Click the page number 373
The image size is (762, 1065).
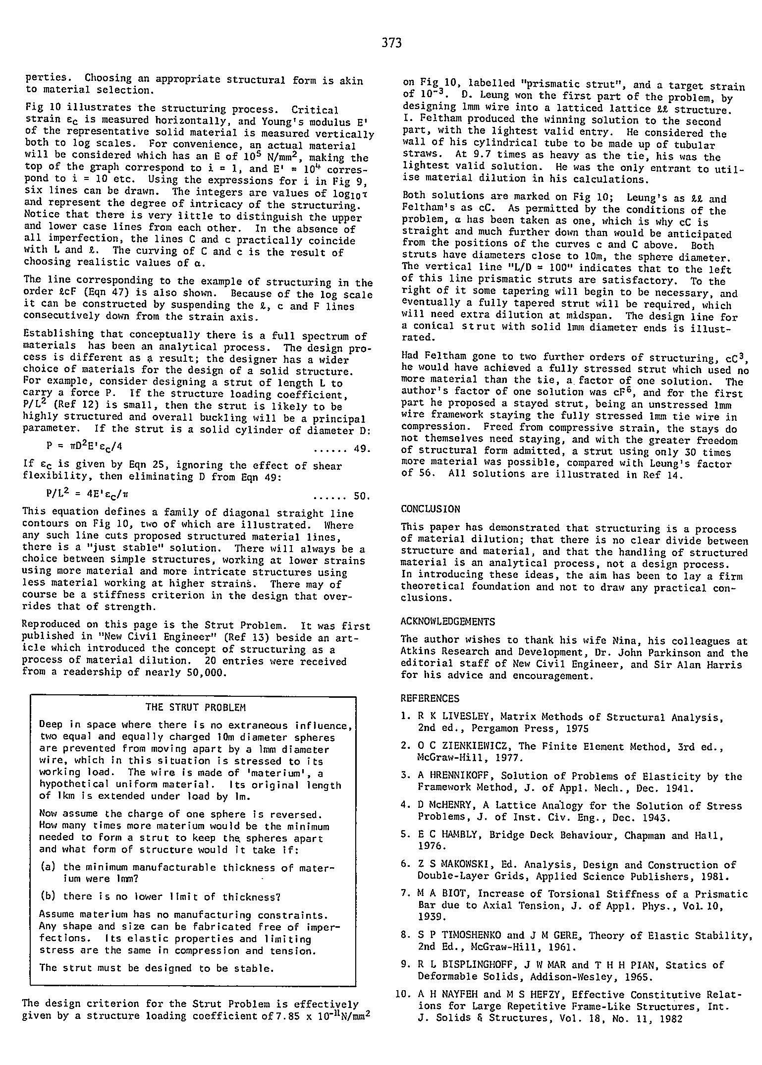[391, 43]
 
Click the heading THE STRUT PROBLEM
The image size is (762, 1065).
[196, 707]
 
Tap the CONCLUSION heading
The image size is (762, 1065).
[430, 509]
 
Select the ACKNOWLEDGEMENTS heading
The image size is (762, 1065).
[447, 621]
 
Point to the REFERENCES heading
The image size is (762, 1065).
[430, 698]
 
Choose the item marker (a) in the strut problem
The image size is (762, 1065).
[48, 867]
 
